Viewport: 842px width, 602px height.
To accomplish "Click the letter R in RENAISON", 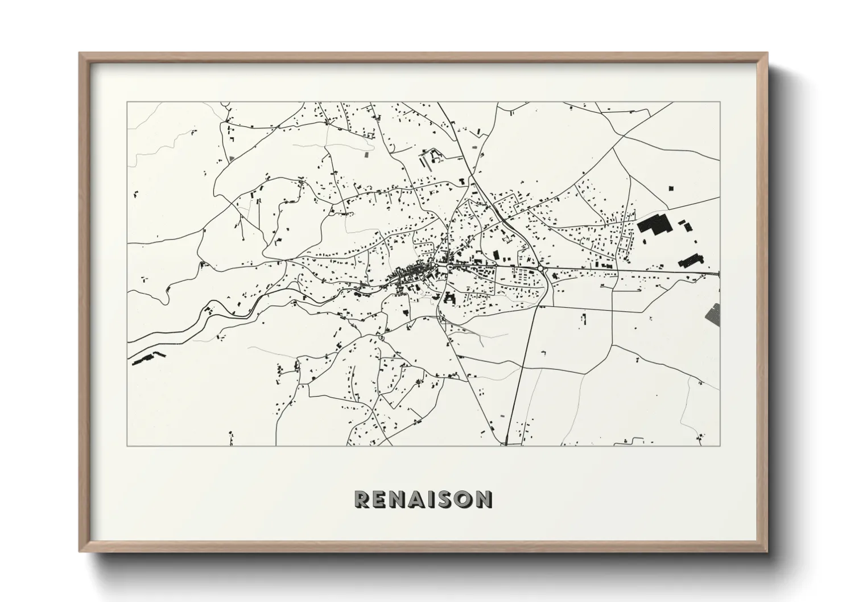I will coord(362,499).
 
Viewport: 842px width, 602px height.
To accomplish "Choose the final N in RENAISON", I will coord(484,499).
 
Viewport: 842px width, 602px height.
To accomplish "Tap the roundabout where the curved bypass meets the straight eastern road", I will coord(539,267).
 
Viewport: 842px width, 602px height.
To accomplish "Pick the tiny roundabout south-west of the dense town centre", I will coord(381,339).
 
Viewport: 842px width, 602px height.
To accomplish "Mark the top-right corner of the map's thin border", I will coord(719,102).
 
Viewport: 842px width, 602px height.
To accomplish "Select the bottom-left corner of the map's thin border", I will coord(127,446).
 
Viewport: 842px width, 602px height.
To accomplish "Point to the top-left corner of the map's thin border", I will coord(127,102).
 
